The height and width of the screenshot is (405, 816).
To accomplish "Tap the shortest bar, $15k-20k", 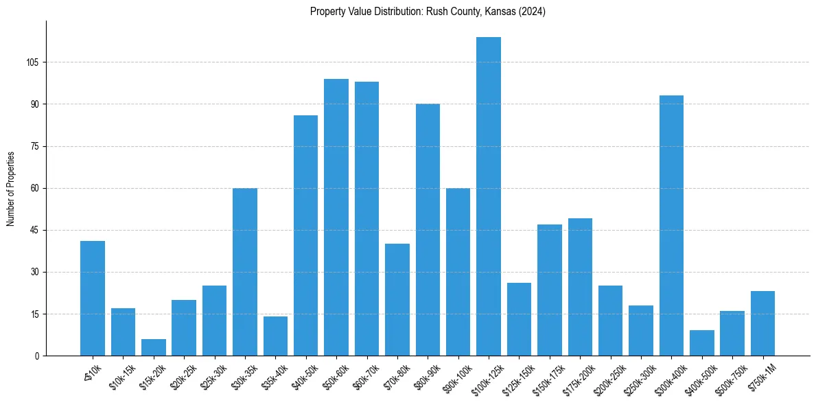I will click(x=154, y=347).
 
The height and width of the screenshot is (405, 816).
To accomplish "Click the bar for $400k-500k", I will click(x=701, y=343).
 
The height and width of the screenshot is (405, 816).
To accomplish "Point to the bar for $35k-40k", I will click(x=275, y=336).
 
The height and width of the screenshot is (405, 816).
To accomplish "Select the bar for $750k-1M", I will click(x=762, y=323).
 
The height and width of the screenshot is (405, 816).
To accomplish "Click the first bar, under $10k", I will click(x=93, y=299).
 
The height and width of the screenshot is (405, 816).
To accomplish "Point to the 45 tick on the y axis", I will click(x=35, y=230).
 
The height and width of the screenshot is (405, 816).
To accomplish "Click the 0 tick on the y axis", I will click(x=37, y=356).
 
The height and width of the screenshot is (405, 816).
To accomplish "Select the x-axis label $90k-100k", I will click(x=455, y=378).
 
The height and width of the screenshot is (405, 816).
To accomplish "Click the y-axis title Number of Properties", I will click(x=11, y=188).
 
